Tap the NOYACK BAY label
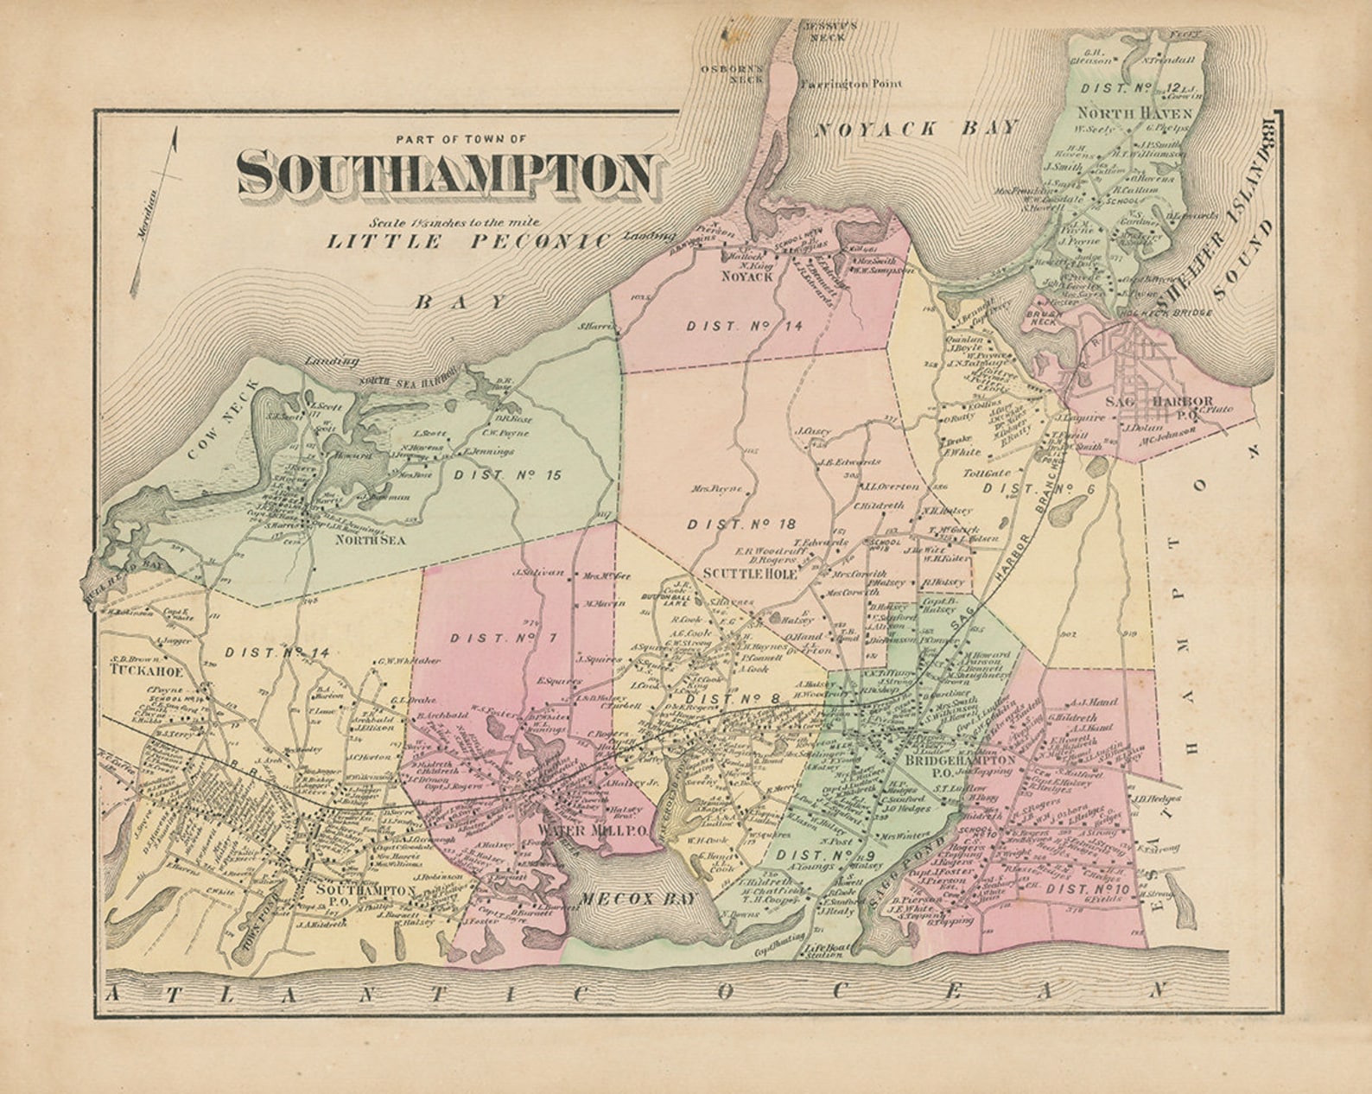[x=917, y=129]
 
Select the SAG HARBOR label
[x=1159, y=402]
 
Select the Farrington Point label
[x=850, y=84]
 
